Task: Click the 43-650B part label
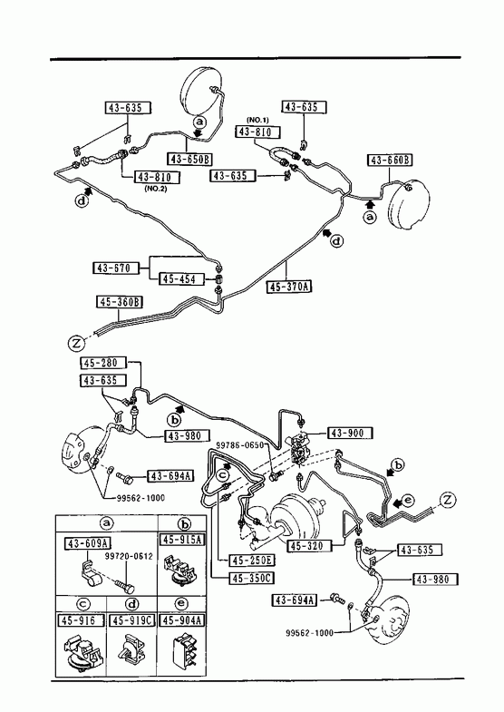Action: [190, 159]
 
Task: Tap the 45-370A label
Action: [290, 287]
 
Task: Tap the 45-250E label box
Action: [252, 561]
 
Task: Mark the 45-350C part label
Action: [252, 578]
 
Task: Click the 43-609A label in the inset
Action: [88, 543]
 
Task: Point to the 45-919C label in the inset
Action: [132, 620]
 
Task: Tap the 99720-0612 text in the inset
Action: [129, 557]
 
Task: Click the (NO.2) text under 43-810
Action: [156, 189]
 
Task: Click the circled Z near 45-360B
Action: [77, 343]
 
